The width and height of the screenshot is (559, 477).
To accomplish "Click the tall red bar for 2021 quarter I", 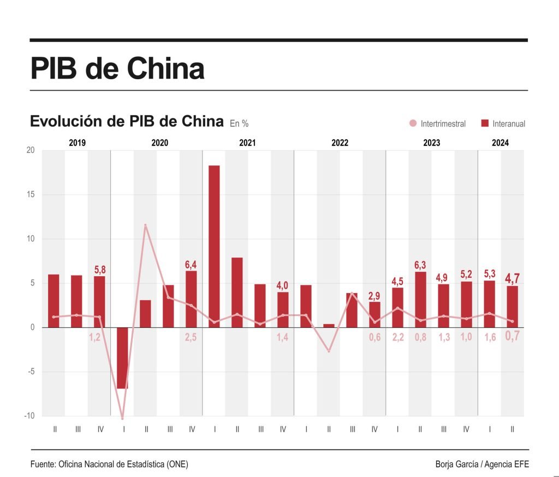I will tap(214, 246).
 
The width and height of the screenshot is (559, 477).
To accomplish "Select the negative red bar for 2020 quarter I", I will tap(122, 357).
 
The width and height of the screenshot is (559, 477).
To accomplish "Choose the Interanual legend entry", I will tap(503, 124).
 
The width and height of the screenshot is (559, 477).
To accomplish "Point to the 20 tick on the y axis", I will tap(30, 151).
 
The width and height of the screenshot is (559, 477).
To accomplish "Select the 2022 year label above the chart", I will tap(340, 143).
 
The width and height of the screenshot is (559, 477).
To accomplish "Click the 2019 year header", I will tap(77, 143).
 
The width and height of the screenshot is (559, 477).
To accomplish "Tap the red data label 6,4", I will tap(191, 265).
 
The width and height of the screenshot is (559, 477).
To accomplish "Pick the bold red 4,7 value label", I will tap(512, 279).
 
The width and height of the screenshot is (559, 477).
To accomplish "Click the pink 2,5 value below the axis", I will tap(191, 338).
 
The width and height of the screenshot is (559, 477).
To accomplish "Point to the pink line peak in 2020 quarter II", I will tap(145, 225).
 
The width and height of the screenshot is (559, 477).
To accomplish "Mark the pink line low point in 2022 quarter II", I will tap(329, 351).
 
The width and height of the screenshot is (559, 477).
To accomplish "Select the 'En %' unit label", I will tap(239, 124).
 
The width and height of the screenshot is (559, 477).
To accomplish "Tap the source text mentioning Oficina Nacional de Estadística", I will tap(110, 464).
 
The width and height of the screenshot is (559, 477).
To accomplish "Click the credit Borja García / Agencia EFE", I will tap(482, 464).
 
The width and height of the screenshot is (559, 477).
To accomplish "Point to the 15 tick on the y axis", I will tap(30, 195).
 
